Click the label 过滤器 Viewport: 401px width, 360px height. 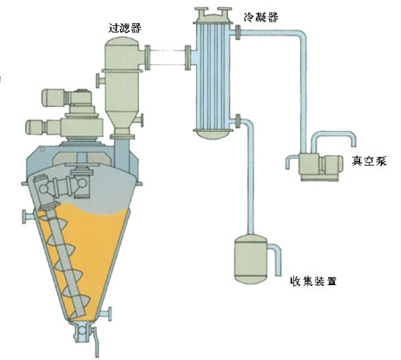click(126, 28)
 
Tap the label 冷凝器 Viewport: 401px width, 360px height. click(261, 17)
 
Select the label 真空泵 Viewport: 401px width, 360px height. click(369, 160)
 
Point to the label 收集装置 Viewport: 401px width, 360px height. click(314, 281)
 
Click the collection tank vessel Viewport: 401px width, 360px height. click(250, 258)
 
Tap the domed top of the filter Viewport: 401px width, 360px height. click(122, 42)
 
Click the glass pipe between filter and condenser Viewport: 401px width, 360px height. click(168, 57)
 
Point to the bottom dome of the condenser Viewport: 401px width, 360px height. click(211, 135)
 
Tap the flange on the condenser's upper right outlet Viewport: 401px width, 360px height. click(238, 32)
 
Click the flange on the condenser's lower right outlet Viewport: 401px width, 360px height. click(238, 121)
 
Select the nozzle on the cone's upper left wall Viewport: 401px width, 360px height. click(28, 217)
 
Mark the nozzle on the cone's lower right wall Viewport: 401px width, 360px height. click(106, 314)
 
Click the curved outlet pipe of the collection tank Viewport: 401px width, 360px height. click(275, 257)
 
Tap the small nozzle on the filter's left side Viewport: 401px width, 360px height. click(101, 80)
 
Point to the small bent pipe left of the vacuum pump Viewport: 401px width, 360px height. click(291, 161)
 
